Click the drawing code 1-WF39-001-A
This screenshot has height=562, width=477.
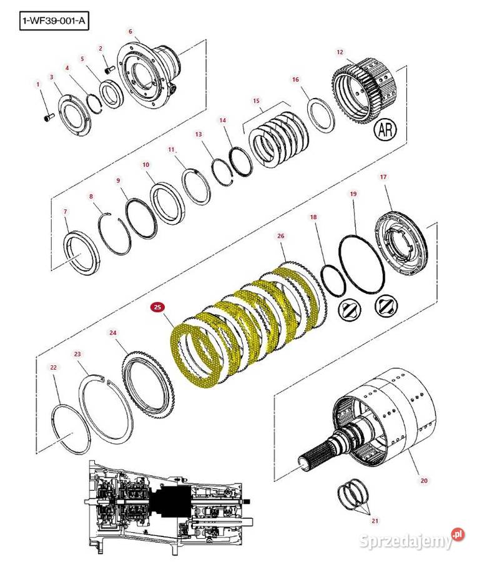coord(54,22)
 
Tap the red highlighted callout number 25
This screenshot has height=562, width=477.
coord(157,307)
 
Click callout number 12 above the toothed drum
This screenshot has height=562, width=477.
coord(340,52)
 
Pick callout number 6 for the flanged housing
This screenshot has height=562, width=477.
coord(130,31)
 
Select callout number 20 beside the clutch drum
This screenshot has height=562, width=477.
coord(424,480)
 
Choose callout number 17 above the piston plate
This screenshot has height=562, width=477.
coord(383,177)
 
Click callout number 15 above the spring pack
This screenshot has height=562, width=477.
coord(256,101)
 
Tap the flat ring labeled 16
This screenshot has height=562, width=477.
coord(322,115)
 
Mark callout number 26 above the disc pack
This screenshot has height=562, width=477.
coord(280,236)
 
